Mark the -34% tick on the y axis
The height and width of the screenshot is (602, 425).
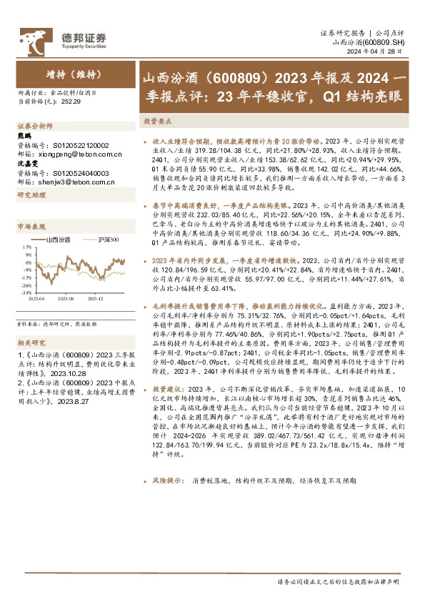point(26,292)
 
